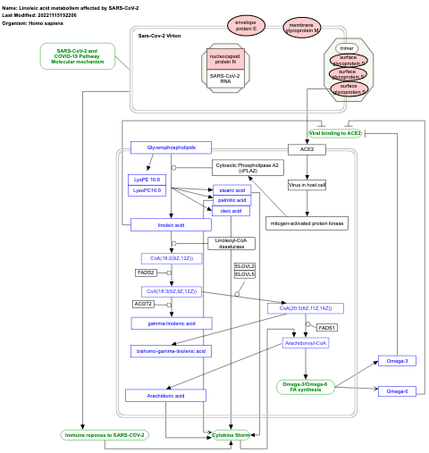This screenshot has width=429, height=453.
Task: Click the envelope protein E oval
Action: [x=246, y=26]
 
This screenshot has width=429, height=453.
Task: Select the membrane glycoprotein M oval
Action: [x=302, y=28]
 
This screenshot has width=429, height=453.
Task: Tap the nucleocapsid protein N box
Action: [x=225, y=60]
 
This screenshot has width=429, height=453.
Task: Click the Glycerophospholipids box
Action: [x=171, y=147]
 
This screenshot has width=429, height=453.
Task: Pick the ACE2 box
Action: [x=307, y=150]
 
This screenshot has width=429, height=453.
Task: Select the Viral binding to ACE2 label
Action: [x=335, y=133]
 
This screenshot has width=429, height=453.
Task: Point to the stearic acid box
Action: [x=232, y=190]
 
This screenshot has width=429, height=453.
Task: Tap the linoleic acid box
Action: [x=171, y=225]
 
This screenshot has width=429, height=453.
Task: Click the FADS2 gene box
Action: [x=146, y=273]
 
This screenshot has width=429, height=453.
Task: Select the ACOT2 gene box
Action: [x=144, y=304]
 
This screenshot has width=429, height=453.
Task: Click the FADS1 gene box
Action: [x=327, y=328]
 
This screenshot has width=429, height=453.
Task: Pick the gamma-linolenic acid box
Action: [x=171, y=323]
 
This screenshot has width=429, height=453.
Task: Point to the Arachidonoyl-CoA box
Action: [x=307, y=342]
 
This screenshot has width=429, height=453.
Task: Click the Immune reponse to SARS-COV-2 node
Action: [x=104, y=435]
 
